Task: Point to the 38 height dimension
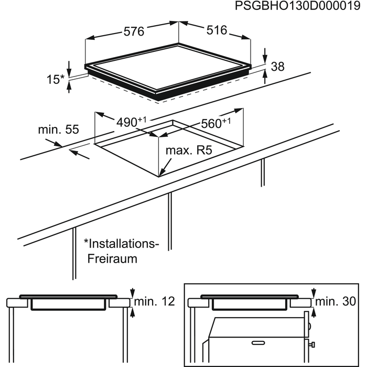point(278,67)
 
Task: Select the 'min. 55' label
point(58,129)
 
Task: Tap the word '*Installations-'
point(121,243)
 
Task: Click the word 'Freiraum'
point(112,258)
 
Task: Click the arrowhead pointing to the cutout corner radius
point(163,171)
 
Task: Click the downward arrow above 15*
point(69,67)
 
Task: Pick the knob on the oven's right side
point(312,344)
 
